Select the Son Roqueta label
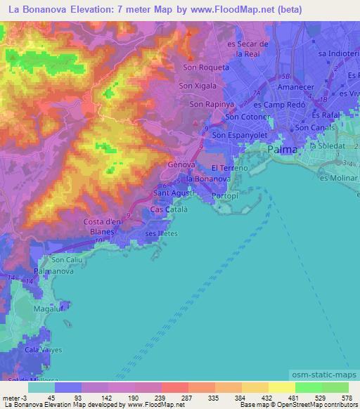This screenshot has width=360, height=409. point(206,67)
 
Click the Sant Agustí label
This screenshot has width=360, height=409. point(172,192)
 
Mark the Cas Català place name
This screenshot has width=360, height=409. point(167,209)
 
